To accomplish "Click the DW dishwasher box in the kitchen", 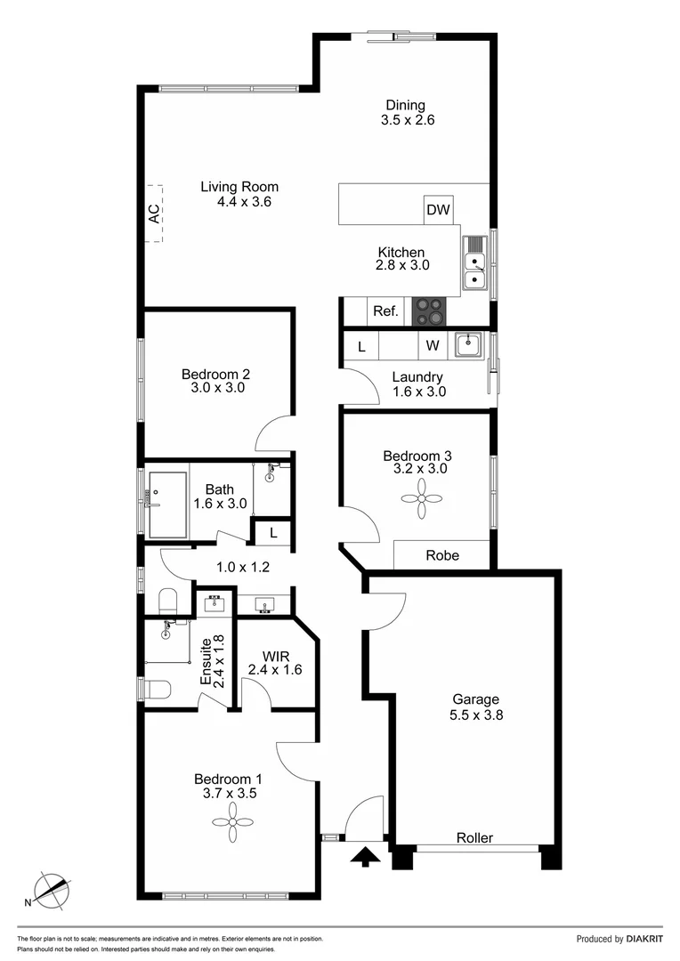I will pos(438,210).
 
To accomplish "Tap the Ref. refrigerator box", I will pos(385,311).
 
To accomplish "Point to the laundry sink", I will pos(466,344).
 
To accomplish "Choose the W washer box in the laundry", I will pos(433,345).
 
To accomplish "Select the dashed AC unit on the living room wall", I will pos(157,214).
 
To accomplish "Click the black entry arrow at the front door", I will pos(366,856).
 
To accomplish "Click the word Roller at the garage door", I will pos(474,838).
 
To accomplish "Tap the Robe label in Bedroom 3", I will pos(442,555).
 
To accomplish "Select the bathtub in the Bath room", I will pos(167,505).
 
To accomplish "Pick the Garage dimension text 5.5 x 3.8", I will pos(476,714).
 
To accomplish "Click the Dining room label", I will pos(405,105).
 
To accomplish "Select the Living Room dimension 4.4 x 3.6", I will pos(244,202).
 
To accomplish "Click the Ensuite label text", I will pos(205,659).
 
